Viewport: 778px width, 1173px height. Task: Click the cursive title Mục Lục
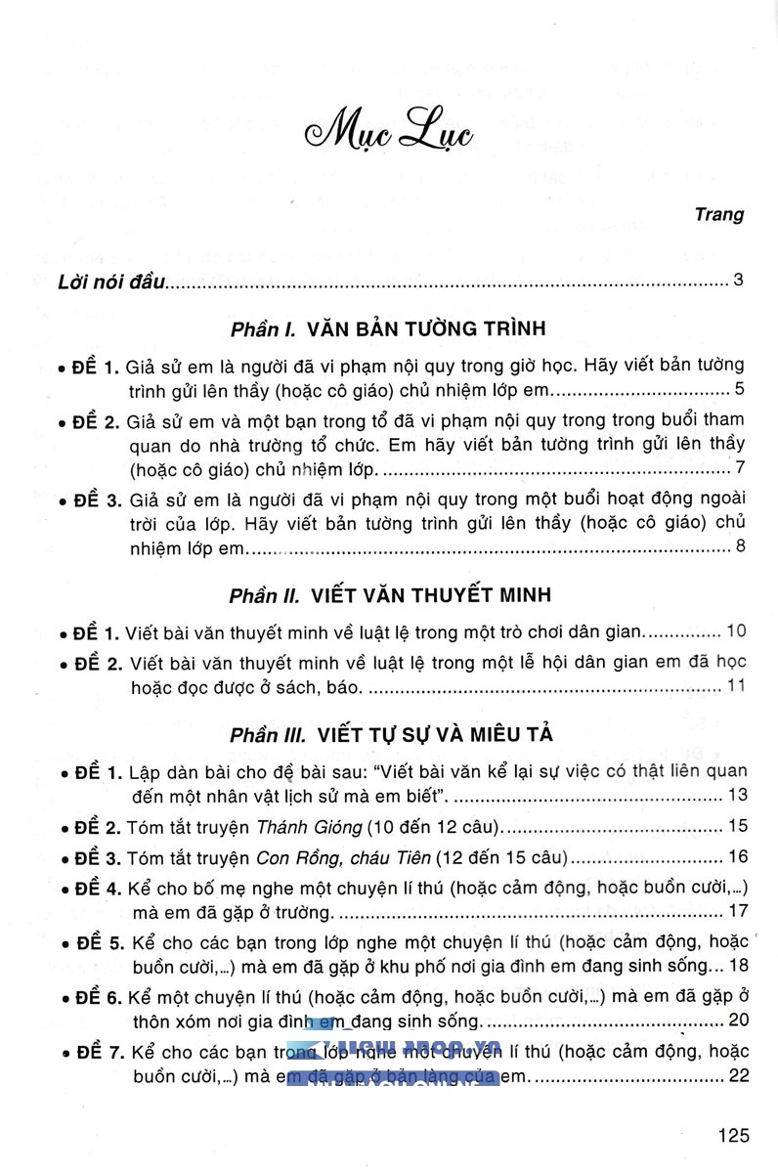389,132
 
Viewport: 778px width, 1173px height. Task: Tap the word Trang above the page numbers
719,215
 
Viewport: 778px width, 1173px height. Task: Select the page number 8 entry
740,545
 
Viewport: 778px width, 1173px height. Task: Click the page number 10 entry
736,629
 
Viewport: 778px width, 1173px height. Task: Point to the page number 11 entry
736,685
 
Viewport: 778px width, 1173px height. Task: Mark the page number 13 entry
736,794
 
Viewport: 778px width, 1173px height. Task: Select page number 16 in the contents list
736,857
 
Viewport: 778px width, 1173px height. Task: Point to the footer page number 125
732,1136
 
